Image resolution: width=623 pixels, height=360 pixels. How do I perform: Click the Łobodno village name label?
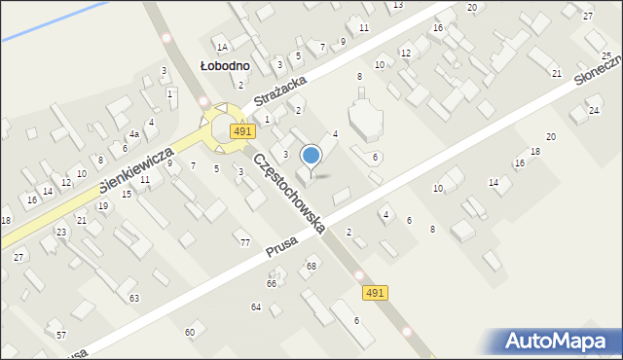click(x=225, y=65)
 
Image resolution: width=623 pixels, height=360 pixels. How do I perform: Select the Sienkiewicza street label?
click(x=135, y=170)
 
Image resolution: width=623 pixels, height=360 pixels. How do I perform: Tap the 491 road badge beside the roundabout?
click(x=242, y=131)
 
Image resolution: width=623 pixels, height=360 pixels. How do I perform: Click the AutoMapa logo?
click(x=561, y=341)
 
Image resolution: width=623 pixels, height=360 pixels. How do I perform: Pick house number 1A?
click(x=222, y=47)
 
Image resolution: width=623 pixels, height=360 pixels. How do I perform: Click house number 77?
click(x=245, y=242)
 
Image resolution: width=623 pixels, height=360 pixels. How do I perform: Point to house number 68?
click(x=311, y=266)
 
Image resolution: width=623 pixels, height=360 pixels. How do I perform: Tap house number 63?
click(x=133, y=298)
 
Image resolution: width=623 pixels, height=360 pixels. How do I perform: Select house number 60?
click(x=190, y=333)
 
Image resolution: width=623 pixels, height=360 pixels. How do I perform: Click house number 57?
click(x=61, y=335)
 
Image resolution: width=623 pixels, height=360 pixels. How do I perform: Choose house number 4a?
click(x=135, y=134)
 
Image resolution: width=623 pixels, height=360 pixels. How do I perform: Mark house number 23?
click(x=61, y=232)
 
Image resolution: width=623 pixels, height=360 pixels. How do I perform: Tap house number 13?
click(x=397, y=5)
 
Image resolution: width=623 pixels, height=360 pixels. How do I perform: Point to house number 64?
click(x=256, y=306)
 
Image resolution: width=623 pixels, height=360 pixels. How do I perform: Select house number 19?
click(x=102, y=206)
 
